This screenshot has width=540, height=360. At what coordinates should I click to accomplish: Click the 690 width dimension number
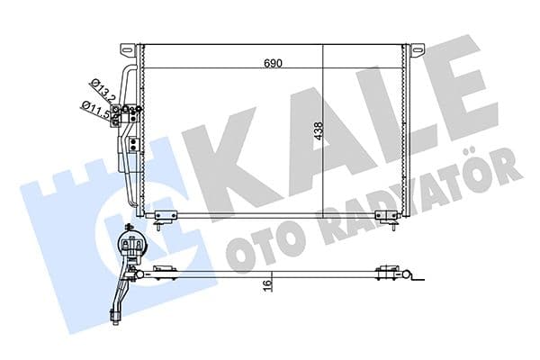[x=273, y=63]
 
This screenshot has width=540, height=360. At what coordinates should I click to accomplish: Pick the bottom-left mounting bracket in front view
[x=166, y=216]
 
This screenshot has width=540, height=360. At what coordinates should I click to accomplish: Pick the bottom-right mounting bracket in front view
[x=387, y=216]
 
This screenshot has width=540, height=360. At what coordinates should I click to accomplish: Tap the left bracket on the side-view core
[x=164, y=270]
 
